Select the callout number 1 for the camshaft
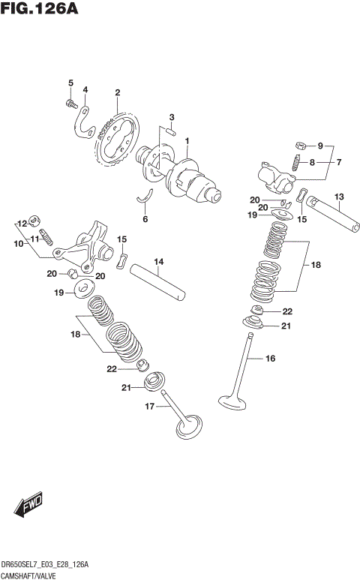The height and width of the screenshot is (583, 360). (x=187, y=141)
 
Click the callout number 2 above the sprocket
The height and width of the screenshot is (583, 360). (x=118, y=93)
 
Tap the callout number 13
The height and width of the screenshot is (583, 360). (x=339, y=197)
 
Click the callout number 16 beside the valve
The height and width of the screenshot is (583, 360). (x=271, y=359)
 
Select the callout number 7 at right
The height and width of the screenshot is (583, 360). (x=338, y=161)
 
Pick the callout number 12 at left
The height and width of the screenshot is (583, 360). (x=22, y=224)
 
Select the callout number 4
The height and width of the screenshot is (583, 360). (x=85, y=90)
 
